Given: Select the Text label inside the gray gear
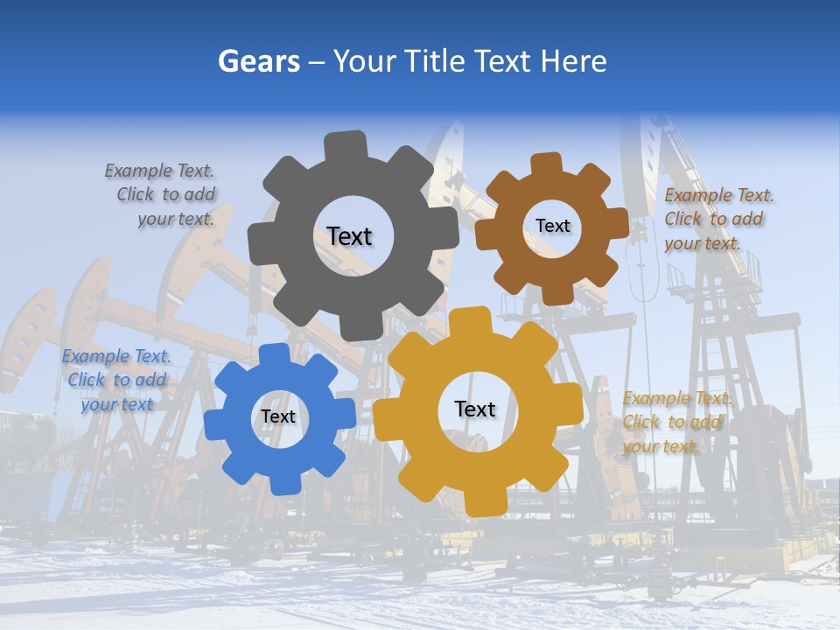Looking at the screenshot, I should point(349,236).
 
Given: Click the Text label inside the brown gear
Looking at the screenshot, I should point(552,226).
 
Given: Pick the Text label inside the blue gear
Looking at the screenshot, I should point(278,416).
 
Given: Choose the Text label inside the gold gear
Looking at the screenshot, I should point(475,409).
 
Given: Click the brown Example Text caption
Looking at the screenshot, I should point(717,219).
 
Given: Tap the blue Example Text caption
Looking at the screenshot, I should point(116,380).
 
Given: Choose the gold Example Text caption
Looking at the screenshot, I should point(675,422).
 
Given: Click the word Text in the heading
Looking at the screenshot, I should point(502,61).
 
